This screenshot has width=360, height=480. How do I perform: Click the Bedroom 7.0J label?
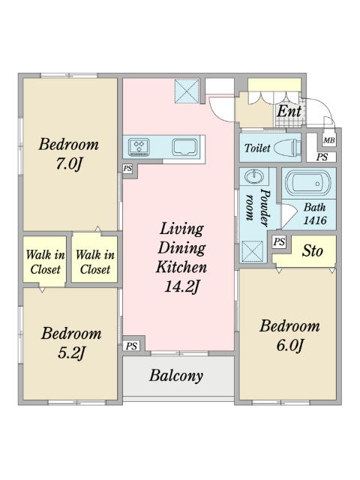coord(68,154)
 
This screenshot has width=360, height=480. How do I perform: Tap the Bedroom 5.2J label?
coord(71,343)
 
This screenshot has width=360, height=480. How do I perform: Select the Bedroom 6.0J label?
coord(289,335)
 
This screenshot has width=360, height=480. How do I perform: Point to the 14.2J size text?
coord(182,286)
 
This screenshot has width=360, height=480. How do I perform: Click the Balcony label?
coord(176,376)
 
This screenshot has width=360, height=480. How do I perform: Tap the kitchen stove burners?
coord(139,147)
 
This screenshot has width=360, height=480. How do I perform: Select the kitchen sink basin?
coord(184,147)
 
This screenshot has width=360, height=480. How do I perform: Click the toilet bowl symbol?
coord(286,148)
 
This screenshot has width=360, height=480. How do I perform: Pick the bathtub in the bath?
coord(308,183)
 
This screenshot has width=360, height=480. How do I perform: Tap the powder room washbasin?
coord(253,177)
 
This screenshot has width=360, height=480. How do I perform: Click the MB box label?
coord(329,140)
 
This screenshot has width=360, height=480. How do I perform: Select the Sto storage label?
coord(312,251)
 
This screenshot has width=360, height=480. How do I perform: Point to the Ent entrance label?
coord(289,112)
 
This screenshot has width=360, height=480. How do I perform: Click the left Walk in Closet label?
coord(45,262)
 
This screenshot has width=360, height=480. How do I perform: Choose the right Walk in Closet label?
coord(95,262)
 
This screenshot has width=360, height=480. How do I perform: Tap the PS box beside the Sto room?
coord(279,241)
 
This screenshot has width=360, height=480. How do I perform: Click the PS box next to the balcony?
coord(131,346)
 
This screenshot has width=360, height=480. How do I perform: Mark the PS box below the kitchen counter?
coord(127,168)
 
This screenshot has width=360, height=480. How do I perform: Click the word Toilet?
coord(257,148)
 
